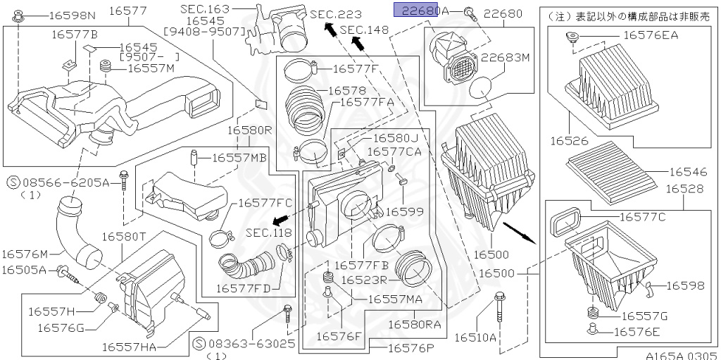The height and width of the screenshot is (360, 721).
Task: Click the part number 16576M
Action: point(24,254)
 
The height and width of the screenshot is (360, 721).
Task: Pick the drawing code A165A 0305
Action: point(682,354)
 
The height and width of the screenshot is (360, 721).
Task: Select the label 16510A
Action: point(476,338)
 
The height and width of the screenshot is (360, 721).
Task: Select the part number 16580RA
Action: point(415,324)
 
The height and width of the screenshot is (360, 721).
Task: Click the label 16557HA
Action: point(130,347)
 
